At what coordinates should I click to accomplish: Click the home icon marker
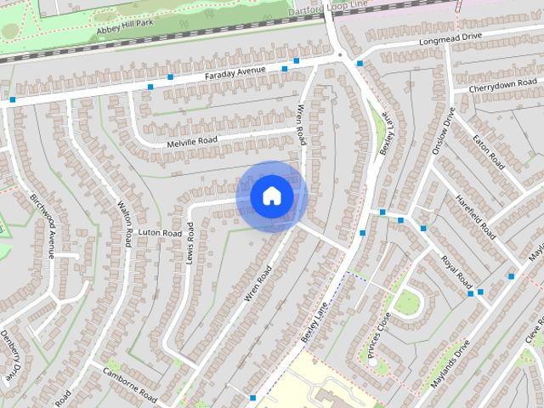(271, 196)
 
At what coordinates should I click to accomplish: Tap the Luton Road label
(160, 232)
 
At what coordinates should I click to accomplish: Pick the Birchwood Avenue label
(42, 224)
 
